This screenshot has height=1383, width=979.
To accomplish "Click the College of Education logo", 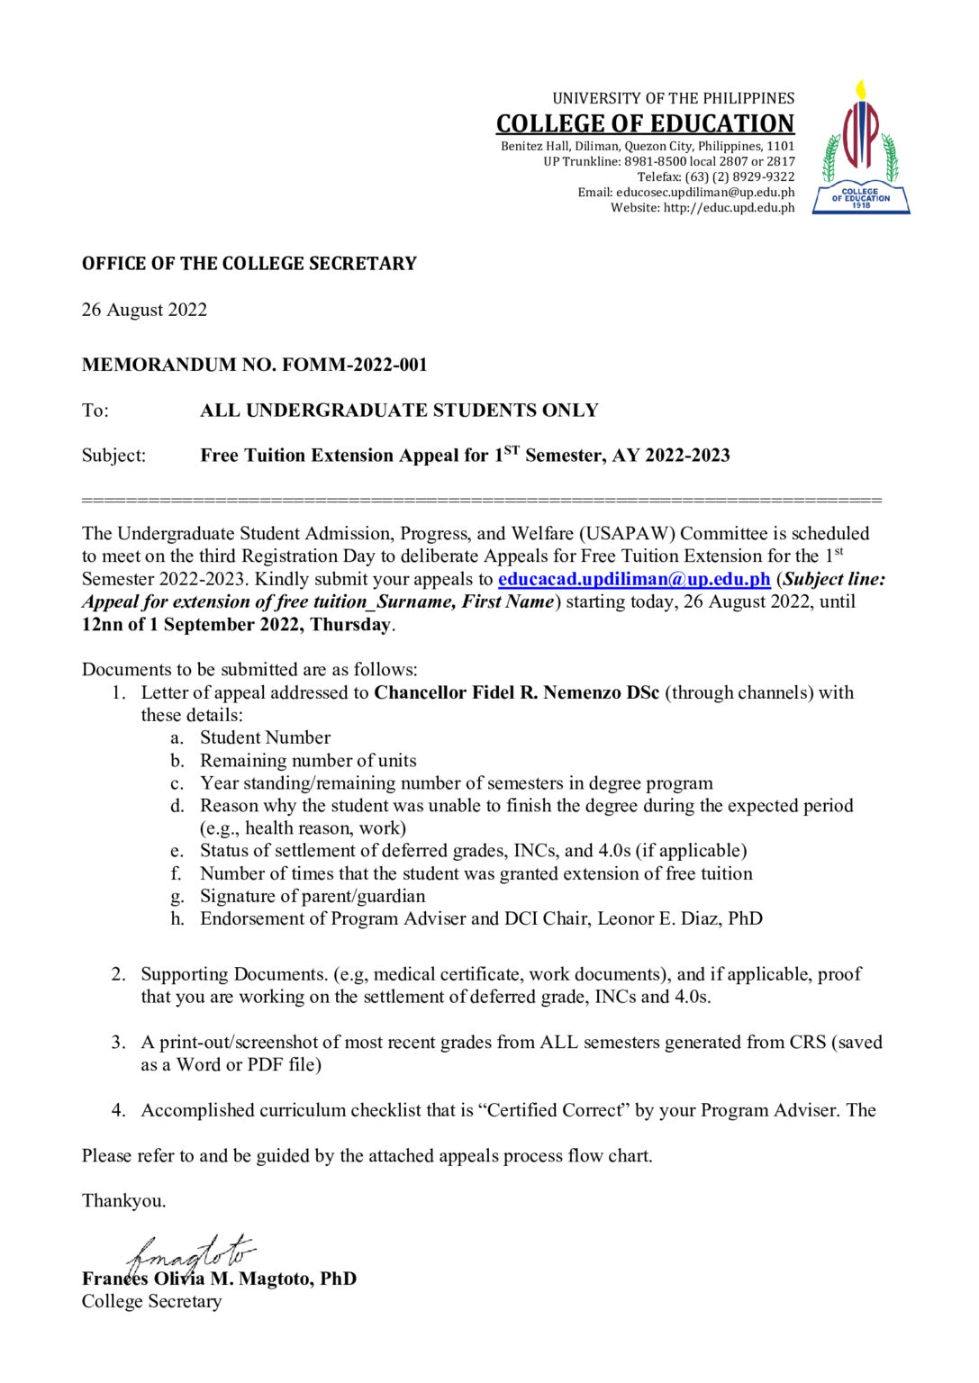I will pyautogui.click(x=860, y=149).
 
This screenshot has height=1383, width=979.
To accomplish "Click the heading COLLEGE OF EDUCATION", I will pyautogui.click(x=645, y=123).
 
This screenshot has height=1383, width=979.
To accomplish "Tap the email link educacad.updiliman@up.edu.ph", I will pyautogui.click(x=633, y=579).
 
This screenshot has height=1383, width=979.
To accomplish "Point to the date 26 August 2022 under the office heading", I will pyautogui.click(x=144, y=310).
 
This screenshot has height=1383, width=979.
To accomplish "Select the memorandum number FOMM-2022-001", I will pyautogui.click(x=354, y=365).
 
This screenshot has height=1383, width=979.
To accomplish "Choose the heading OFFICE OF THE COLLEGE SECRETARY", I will pyautogui.click(x=249, y=264).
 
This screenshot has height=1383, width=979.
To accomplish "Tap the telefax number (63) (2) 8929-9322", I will pyautogui.click(x=739, y=177).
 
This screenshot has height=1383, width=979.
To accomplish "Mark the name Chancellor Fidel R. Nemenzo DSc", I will pyautogui.click(x=516, y=692).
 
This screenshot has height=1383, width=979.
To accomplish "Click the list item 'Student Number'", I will pyautogui.click(x=265, y=737).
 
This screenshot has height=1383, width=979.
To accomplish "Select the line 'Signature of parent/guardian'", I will pyautogui.click(x=313, y=896).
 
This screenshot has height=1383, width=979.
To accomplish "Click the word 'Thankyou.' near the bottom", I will pyautogui.click(x=123, y=1200).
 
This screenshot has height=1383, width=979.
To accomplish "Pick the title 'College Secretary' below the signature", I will pyautogui.click(x=151, y=1301).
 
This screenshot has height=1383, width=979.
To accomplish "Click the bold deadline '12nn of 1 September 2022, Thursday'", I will pyautogui.click(x=236, y=625).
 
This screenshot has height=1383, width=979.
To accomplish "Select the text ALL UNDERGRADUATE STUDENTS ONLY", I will pyautogui.click(x=399, y=411).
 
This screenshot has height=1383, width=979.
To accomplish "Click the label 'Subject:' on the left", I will pyautogui.click(x=113, y=456).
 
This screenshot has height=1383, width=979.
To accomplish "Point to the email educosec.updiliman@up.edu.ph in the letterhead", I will pyautogui.click(x=704, y=193).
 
